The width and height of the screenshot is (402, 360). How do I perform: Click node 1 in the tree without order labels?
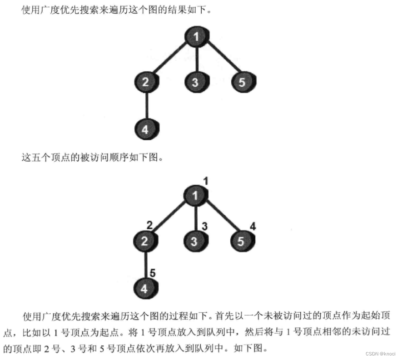point(196,37)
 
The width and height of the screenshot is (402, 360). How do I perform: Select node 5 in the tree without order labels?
point(243,82)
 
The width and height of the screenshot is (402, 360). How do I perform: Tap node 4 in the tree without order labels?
point(145,129)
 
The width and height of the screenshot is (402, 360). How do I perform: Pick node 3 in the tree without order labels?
point(195,82)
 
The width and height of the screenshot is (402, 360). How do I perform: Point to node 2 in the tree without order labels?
point(145,82)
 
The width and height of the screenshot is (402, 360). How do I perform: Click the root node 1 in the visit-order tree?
point(195,196)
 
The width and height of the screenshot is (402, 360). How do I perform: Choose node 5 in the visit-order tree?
point(241,241)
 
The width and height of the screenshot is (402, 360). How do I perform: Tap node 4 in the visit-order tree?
point(144,288)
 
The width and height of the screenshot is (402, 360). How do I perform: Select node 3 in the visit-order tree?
point(194,241)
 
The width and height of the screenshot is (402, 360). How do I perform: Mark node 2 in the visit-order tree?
point(144,241)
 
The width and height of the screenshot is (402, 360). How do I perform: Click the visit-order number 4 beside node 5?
point(253,226)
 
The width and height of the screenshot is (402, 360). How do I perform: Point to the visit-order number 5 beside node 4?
point(153,273)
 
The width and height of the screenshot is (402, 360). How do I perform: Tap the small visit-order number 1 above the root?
point(205,181)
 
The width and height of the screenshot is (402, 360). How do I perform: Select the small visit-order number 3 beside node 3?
point(204,226)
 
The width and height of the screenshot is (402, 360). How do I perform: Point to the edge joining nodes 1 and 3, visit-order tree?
point(195,218)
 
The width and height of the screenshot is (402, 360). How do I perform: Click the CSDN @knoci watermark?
point(382,354)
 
